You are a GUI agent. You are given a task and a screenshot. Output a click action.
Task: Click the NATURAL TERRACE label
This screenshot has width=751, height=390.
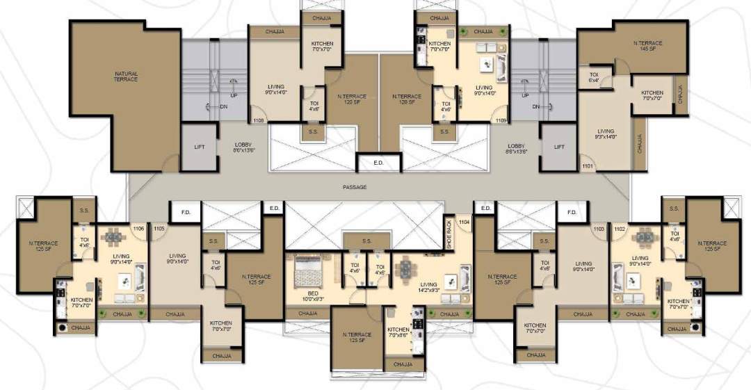point(126,76)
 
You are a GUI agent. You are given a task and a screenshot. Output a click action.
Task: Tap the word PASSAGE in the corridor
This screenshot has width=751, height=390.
point(355,187)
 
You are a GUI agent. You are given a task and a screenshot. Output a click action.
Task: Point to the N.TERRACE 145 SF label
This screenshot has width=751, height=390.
point(648,46)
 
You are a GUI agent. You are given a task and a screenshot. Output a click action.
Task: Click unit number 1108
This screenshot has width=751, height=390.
point(258,121)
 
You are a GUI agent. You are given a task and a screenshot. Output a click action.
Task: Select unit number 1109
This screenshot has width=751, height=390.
point(501,121)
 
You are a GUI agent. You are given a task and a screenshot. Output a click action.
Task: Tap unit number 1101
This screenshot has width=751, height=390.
point(588,166)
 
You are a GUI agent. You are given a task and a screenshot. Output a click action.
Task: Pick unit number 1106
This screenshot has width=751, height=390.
point(138,227)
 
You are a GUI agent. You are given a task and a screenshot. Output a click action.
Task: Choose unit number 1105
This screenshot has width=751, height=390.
point(159,227)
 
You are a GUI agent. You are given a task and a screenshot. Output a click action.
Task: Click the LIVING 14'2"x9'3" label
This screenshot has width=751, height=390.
point(428,286)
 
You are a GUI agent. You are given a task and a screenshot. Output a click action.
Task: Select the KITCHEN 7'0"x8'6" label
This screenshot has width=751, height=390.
point(398,332)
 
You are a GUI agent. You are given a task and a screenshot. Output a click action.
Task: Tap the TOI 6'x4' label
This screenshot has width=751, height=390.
point(594,76)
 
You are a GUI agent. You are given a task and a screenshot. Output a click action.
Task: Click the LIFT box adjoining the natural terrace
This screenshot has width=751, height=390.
point(199,147)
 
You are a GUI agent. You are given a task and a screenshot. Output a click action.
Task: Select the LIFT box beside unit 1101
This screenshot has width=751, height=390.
point(559,147)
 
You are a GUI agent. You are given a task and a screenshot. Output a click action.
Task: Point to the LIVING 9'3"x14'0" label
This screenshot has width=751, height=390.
point(606,133)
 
